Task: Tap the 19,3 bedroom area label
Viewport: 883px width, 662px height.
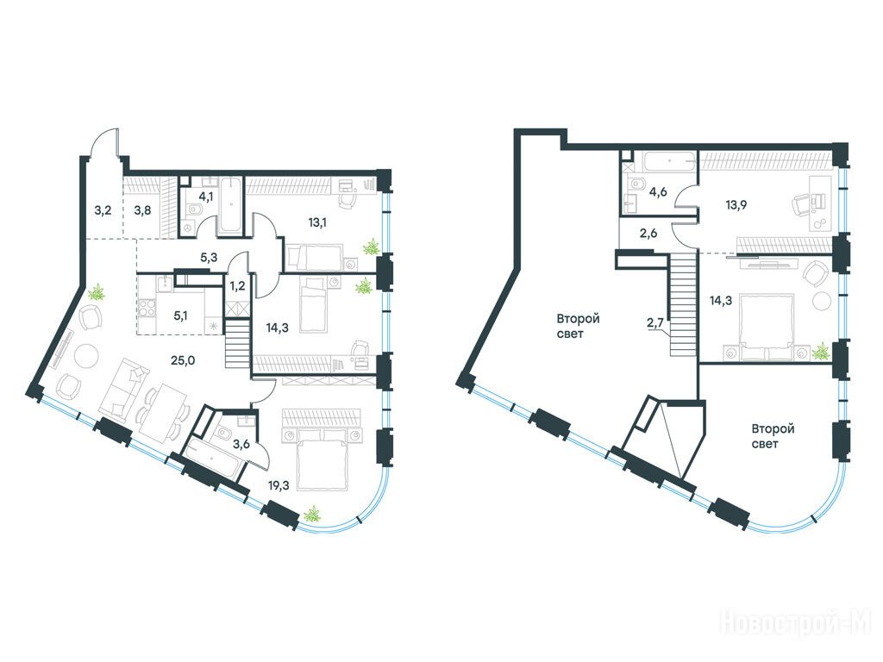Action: [279, 485]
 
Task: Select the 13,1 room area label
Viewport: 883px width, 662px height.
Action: [317, 222]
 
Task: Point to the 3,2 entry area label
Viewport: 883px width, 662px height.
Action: [103, 212]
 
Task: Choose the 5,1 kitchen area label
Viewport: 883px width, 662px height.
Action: [180, 315]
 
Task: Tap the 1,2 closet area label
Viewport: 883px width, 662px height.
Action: [238, 284]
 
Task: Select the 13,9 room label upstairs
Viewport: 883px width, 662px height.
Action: [736, 204]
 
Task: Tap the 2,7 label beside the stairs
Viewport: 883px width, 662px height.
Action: [656, 322]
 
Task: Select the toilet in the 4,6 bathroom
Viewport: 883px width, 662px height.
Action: [637, 184]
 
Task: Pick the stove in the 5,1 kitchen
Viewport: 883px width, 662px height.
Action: [148, 308]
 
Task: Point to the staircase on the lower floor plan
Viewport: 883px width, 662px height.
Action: [237, 343]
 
